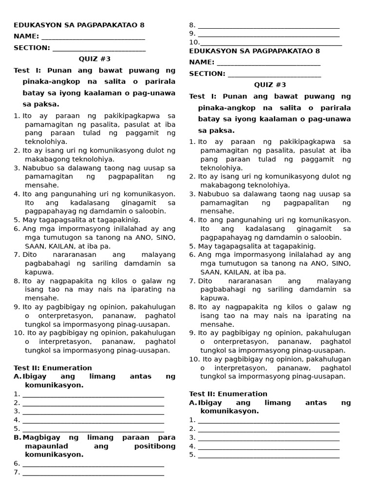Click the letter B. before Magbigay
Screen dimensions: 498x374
pyautogui.click(x=18, y=437)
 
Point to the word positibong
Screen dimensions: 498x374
pyautogui.click(x=154, y=446)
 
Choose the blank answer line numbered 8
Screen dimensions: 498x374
pyautogui.click(x=268, y=26)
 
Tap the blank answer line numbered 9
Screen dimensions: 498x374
pyautogui.click(x=268, y=35)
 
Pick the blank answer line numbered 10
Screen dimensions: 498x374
pyautogui.click(x=271, y=43)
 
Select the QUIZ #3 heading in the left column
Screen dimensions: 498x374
pyautogui.click(x=95, y=59)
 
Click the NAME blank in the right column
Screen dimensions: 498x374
pyautogui.click(x=268, y=63)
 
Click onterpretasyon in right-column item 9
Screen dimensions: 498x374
pyautogui.click(x=229, y=341)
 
